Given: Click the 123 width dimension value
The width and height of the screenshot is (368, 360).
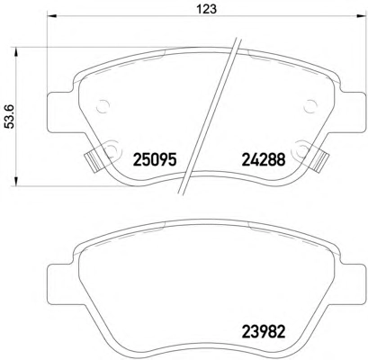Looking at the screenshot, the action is tap(207, 9).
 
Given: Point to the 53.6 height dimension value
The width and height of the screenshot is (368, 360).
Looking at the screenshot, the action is tap(11, 117).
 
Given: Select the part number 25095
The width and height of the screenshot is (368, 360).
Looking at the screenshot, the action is tap(154, 159).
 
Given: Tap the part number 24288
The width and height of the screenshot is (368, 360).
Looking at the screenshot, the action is tap(263, 159).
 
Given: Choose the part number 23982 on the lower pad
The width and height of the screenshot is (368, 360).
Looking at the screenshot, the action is tap(263, 331).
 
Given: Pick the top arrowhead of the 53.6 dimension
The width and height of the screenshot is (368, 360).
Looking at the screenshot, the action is tap(16, 52).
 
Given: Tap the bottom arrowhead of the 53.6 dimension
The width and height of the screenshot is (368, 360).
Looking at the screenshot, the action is tap(16, 181).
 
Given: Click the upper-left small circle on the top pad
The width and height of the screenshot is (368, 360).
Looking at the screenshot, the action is tap(103, 106).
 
